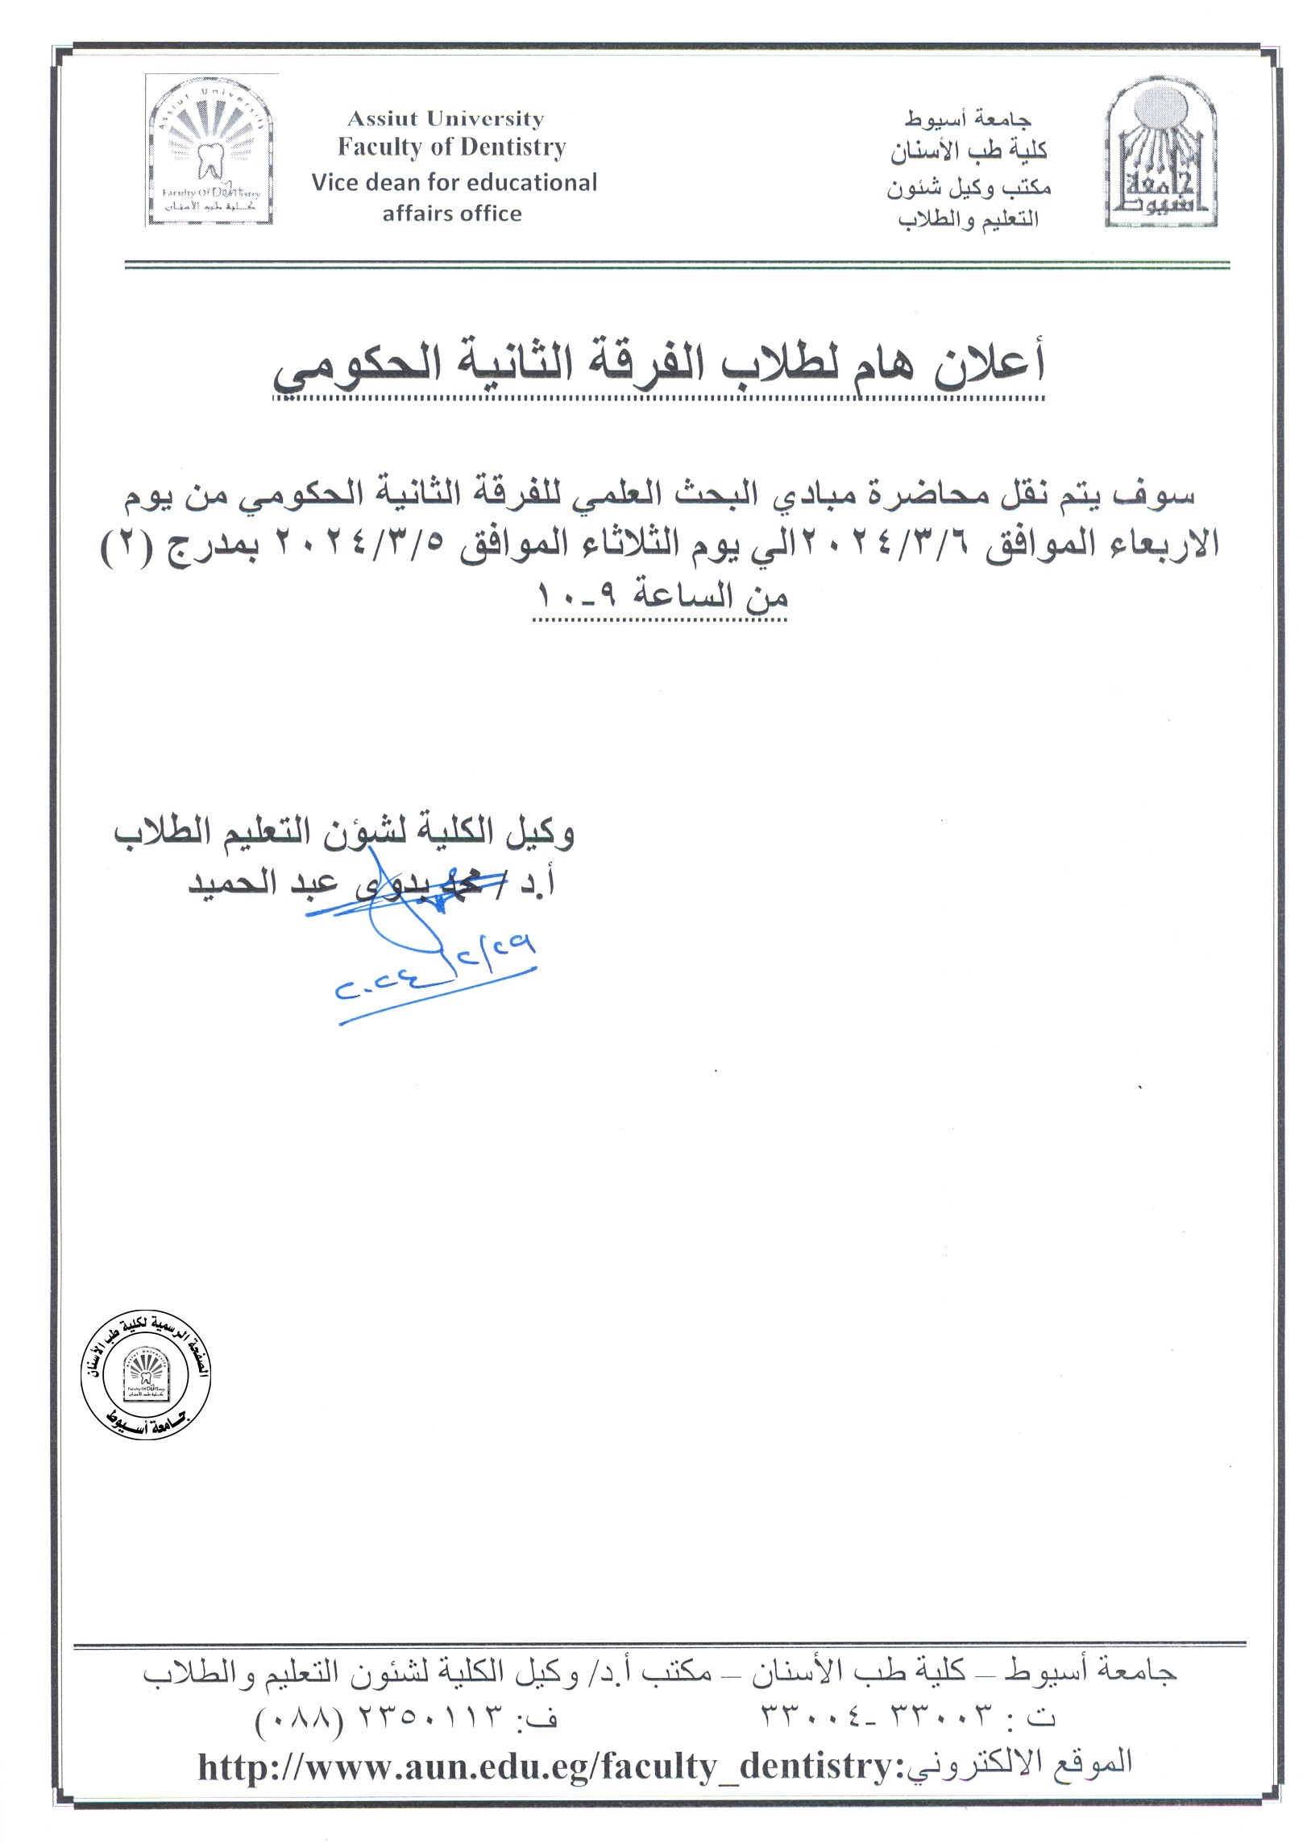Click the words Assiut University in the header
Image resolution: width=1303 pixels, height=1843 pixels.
point(446,119)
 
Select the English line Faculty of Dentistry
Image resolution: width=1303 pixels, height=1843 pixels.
point(451,147)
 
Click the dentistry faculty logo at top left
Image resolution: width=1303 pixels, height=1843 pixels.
point(211,151)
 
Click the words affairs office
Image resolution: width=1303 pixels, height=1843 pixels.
point(452,214)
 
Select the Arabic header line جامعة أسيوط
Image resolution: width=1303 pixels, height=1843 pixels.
point(967,119)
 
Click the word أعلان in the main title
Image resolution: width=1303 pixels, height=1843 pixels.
point(990,363)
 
